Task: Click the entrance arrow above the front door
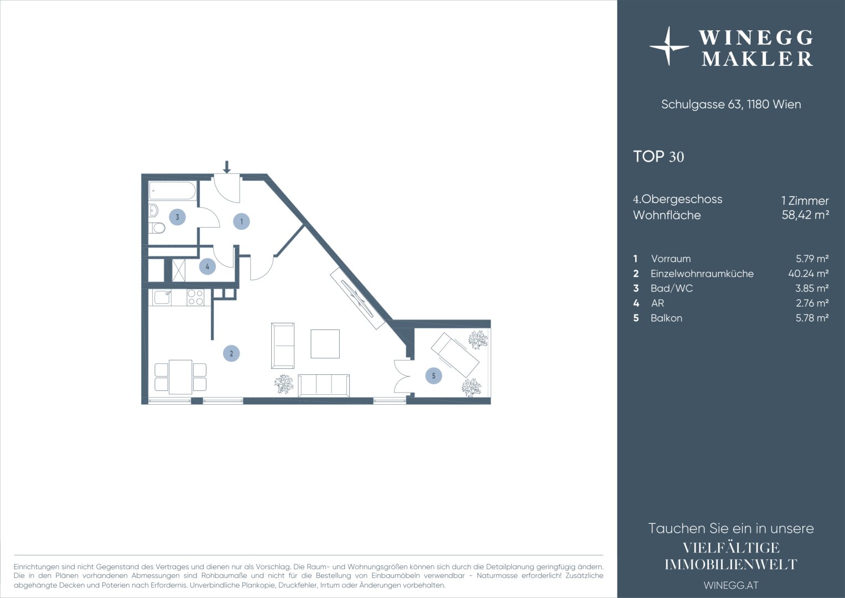click(226, 167)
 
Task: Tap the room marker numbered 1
click(241, 221)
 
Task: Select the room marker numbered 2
click(231, 354)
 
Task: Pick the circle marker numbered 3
click(177, 217)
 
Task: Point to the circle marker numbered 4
click(207, 266)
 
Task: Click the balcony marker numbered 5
click(433, 375)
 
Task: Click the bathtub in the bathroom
click(173, 191)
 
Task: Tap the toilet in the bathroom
click(157, 228)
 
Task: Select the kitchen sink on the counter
click(162, 297)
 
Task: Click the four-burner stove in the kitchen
click(195, 297)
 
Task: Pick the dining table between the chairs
click(180, 377)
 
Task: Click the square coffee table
click(325, 343)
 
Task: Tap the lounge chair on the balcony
click(455, 355)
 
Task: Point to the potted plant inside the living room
click(284, 384)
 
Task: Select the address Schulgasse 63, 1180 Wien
click(731, 104)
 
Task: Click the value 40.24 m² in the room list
click(808, 274)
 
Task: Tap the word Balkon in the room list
click(666, 318)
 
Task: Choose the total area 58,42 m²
click(805, 215)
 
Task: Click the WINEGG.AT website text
click(730, 585)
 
